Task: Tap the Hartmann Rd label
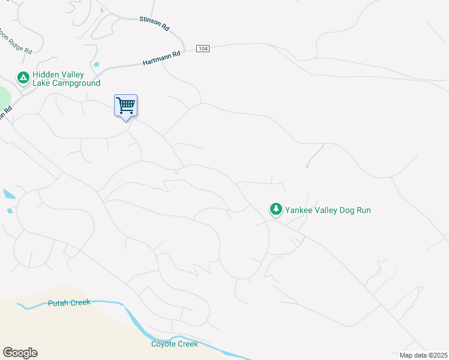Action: [x=161, y=58]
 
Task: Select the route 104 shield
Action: [x=202, y=49]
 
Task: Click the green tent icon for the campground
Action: [x=23, y=77]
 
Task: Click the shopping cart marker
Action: [x=126, y=106]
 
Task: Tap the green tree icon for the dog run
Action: [x=276, y=209]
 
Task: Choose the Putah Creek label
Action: [x=69, y=303]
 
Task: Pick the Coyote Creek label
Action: [x=174, y=344]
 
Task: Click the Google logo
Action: [x=20, y=353]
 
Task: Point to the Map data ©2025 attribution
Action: [x=423, y=355]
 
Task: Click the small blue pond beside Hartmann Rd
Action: [x=95, y=65]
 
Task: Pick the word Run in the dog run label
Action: [x=364, y=210]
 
